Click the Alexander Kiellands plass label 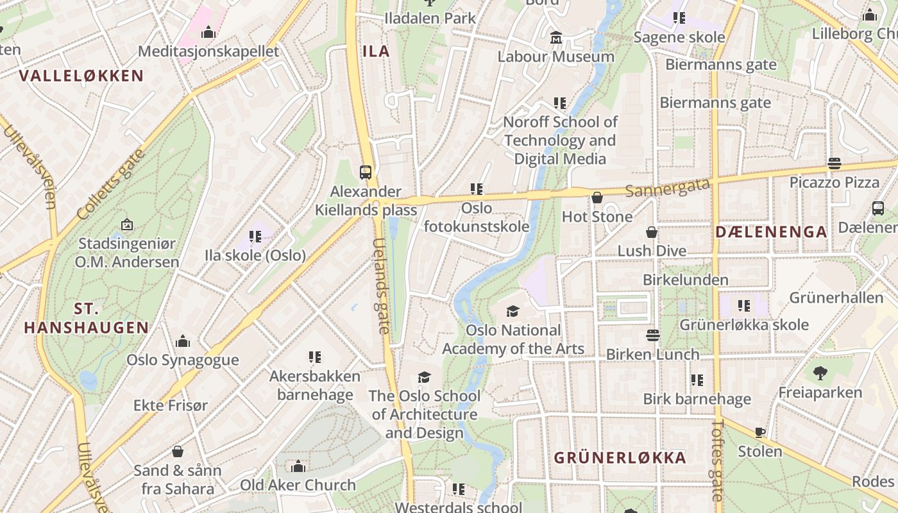pyautogui.click(x=366, y=201)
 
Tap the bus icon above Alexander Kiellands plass pyautogui.click(x=365, y=172)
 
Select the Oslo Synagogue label pyautogui.click(x=182, y=360)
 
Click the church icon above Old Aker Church pyautogui.click(x=298, y=466)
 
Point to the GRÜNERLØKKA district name pyautogui.click(x=620, y=458)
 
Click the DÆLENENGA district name pyautogui.click(x=771, y=232)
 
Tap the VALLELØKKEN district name pyautogui.click(x=81, y=76)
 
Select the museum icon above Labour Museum pyautogui.click(x=556, y=38)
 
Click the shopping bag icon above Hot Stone pyautogui.click(x=597, y=198)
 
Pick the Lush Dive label pyautogui.click(x=652, y=251)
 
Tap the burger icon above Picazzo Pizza pyautogui.click(x=834, y=163)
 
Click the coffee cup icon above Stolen pyautogui.click(x=760, y=432)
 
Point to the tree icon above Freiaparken pyautogui.click(x=820, y=373)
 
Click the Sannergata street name pyautogui.click(x=668, y=188)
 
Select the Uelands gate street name pyautogui.click(x=381, y=286)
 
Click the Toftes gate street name pyautogui.click(x=717, y=460)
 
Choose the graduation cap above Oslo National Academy pyautogui.click(x=513, y=312)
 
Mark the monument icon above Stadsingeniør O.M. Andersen pyautogui.click(x=127, y=224)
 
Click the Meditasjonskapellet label pyautogui.click(x=208, y=51)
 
